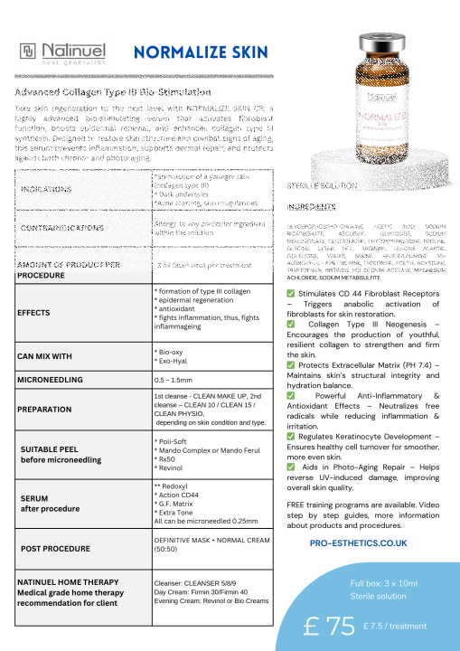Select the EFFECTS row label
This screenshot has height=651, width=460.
click(x=33, y=312)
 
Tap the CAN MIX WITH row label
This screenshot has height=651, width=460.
click(x=44, y=356)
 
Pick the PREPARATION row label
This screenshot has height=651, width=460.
click(x=45, y=408)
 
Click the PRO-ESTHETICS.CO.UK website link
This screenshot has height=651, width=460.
click(x=358, y=543)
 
